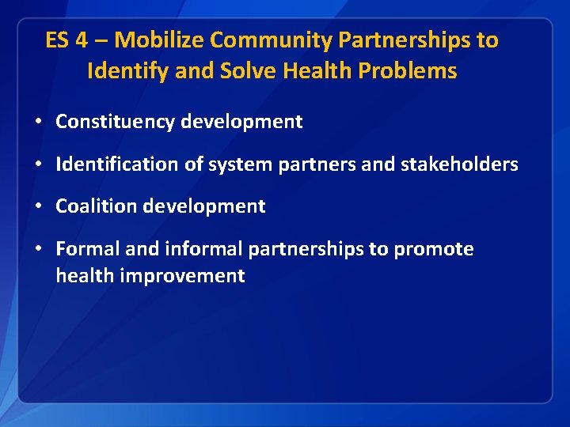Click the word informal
204,249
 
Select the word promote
434,249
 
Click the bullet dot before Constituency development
38,123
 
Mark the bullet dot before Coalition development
38,207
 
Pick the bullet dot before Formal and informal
38,250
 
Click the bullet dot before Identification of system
38,165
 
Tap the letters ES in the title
57,40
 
